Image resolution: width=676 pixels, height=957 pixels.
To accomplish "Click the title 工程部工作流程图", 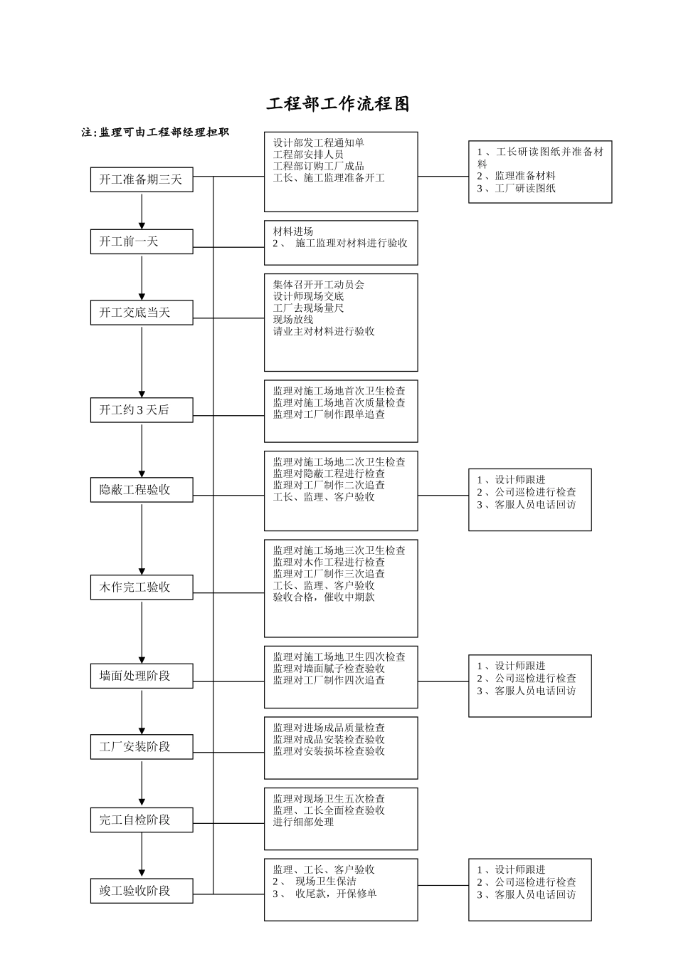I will [x=338, y=104].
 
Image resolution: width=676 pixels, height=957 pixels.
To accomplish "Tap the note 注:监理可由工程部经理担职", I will [x=155, y=132].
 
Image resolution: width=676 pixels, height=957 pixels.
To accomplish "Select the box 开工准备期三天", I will [x=142, y=179].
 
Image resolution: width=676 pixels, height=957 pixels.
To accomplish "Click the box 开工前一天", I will [x=142, y=242].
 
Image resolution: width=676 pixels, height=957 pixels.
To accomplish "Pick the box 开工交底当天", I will [x=142, y=313].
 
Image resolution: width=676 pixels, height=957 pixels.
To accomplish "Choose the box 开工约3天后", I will [x=142, y=410].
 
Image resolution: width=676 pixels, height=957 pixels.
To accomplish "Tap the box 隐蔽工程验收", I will [x=142, y=490].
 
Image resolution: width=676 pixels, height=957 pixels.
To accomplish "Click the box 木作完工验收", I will [x=142, y=587].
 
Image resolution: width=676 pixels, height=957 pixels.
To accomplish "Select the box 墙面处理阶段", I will [x=142, y=676].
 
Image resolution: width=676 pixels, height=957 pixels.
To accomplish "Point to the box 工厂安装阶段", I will [x=142, y=747].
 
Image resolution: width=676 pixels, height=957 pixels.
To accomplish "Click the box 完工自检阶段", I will [x=142, y=820].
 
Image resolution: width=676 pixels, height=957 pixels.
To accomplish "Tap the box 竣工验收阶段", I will [x=142, y=891].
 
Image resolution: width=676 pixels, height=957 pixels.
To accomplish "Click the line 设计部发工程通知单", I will [x=318, y=143].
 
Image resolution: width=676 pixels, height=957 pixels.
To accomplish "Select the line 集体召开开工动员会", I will [x=318, y=285].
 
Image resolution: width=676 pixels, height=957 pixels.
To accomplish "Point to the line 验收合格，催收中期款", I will [x=324, y=597].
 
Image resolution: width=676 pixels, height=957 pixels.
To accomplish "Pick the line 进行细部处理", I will [x=303, y=822].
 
